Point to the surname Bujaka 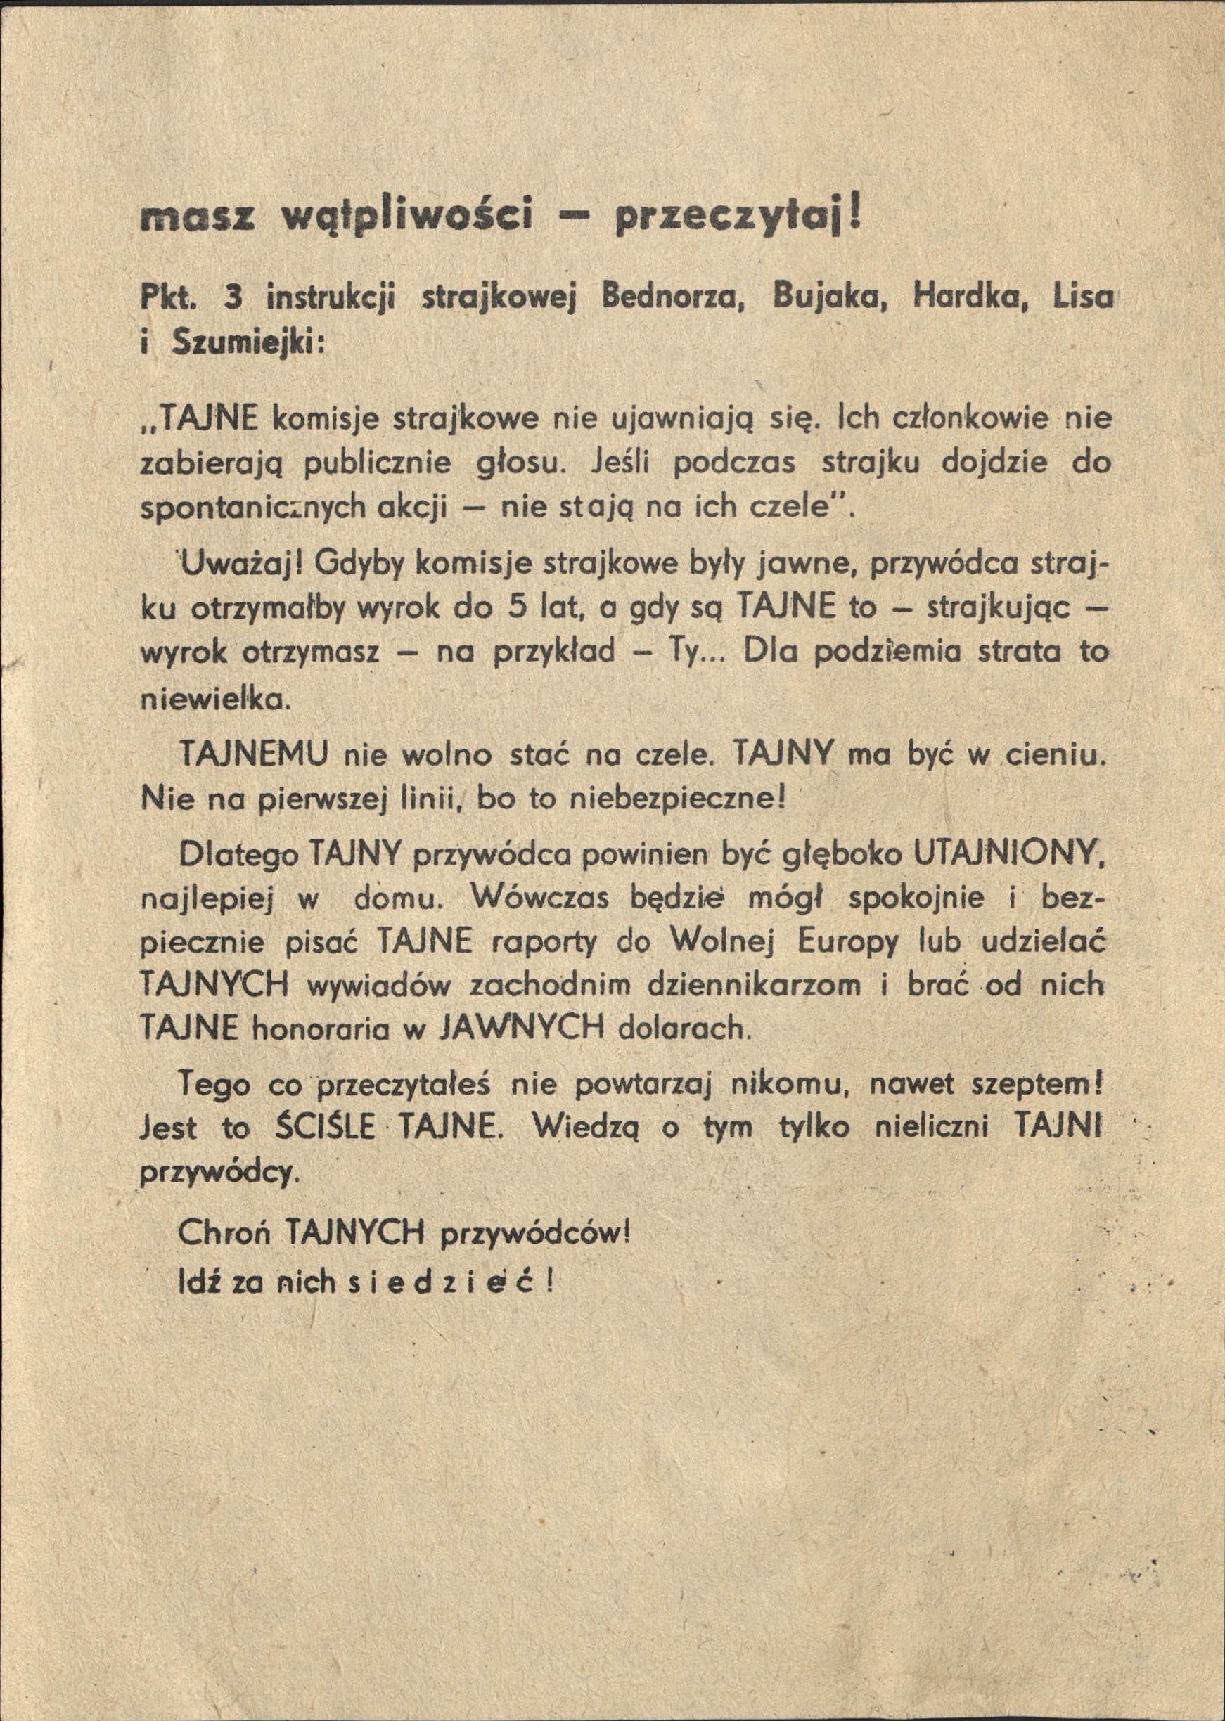pyautogui.click(x=829, y=301)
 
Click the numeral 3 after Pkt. pyautogui.click(x=231, y=301)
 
